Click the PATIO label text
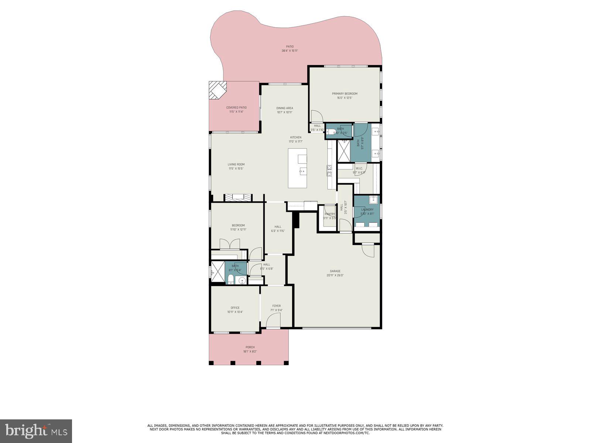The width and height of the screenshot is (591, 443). [290, 47]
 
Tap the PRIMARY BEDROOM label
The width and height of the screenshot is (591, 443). [344, 94]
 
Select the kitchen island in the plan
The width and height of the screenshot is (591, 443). [297, 168]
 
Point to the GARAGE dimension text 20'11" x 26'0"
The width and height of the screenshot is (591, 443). [335, 275]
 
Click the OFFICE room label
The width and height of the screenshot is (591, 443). [235, 308]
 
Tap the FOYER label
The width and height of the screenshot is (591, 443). [276, 306]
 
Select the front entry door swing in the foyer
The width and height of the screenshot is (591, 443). [273, 322]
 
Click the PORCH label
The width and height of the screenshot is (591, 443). [250, 347]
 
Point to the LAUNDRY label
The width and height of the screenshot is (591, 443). [367, 210]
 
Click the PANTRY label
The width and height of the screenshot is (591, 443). [329, 214]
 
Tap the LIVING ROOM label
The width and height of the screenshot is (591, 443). [236, 164]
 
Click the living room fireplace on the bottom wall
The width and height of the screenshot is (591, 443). [239, 198]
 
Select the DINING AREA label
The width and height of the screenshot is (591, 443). [284, 108]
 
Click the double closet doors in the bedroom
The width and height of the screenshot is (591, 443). [230, 244]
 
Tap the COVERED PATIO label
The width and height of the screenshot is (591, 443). [236, 107]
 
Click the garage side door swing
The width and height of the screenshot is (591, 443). [369, 251]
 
